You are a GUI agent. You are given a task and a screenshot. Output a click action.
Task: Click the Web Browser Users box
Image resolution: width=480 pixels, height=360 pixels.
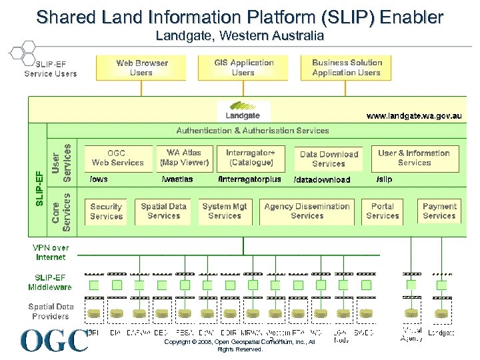[141, 68]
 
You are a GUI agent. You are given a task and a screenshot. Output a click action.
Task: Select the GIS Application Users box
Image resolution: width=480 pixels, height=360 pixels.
[243, 68]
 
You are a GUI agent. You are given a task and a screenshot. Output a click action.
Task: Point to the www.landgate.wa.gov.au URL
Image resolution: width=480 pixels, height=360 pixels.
[413, 116]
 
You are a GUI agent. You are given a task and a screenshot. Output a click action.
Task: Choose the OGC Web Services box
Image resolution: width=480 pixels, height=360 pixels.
[117, 158]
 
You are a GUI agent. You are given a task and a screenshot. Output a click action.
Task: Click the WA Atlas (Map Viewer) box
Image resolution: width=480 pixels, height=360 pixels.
[184, 158]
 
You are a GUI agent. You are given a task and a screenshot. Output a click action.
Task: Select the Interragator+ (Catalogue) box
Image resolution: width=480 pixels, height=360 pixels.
[250, 158]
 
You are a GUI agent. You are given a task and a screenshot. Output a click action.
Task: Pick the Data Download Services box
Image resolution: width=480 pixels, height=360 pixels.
[329, 159]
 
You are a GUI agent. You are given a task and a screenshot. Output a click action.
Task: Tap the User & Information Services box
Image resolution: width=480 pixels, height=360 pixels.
[414, 158]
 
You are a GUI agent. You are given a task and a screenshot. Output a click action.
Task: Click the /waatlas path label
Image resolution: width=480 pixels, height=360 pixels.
[177, 179]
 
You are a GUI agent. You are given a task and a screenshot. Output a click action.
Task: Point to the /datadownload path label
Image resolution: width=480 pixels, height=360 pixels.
[321, 180]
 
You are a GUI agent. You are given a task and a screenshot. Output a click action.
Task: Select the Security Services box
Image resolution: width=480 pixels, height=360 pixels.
[107, 211]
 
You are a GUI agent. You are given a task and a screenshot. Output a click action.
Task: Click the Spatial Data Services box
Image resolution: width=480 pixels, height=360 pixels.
[164, 211]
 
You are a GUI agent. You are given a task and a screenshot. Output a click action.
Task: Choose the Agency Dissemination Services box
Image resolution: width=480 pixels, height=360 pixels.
[307, 211]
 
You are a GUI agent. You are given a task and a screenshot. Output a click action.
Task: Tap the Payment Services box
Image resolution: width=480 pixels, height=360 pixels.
[439, 211]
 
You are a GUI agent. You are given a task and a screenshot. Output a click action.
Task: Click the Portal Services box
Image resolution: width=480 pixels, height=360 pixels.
[383, 211]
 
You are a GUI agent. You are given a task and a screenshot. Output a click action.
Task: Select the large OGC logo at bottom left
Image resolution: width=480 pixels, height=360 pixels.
[53, 340]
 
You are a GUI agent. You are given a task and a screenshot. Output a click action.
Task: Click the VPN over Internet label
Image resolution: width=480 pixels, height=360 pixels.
[51, 252]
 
